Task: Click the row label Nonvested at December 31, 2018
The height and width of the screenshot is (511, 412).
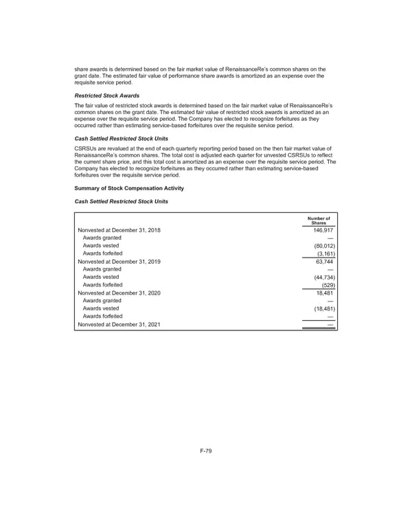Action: [119, 230]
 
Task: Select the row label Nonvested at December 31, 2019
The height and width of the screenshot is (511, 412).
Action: [119, 262]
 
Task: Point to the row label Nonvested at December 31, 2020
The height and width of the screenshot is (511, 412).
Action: [119, 293]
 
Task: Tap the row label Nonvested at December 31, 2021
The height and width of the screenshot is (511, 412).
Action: [119, 324]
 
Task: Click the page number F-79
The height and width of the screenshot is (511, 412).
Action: [205, 452]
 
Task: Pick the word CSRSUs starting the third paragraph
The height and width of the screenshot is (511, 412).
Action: [85, 148]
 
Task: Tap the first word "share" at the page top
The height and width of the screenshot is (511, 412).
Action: [82, 69]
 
